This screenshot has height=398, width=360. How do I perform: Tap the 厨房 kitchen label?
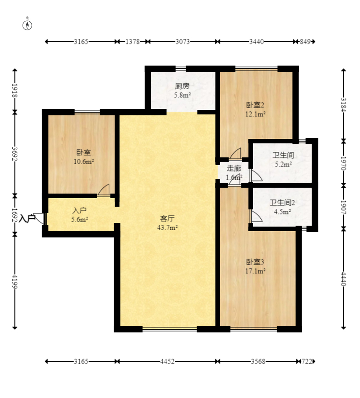tap(182, 86)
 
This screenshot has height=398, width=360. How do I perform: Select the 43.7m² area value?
tap(167, 227)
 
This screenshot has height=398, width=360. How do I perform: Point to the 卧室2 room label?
tap(255, 105)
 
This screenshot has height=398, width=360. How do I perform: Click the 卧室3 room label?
tap(255, 262)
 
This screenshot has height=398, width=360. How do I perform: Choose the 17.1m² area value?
tap(255, 271)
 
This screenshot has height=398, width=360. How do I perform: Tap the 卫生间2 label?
tap(282, 203)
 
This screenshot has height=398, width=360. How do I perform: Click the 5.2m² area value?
tap(283, 164)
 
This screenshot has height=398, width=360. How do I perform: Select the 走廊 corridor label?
tap(234, 168)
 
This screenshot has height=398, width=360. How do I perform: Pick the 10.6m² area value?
tap(84, 161)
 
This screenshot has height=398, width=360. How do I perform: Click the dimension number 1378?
tap(133, 41)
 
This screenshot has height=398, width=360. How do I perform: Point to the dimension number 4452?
tap(167, 361)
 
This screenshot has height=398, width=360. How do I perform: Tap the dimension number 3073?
tap(182, 41)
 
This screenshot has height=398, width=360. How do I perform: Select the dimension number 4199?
tap(14, 281)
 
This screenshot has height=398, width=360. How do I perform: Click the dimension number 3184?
tap(344, 104)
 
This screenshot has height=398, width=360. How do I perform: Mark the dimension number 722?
tap(307, 361)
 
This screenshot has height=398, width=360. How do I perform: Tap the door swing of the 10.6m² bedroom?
tap(104, 190)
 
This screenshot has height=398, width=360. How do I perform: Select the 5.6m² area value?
tap(80, 219)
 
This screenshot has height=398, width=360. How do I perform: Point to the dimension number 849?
tap(305, 41)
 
